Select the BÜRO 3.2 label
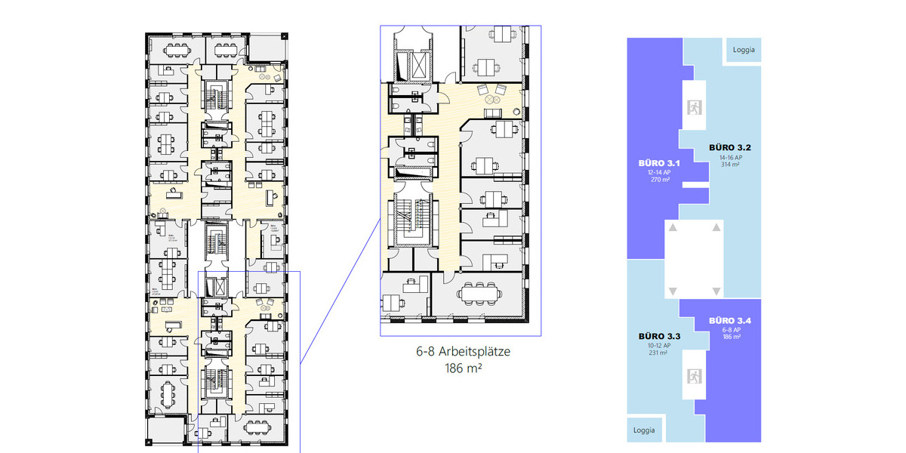[x=728, y=146]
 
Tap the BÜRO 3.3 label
[x=659, y=336]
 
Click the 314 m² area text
[x=729, y=164]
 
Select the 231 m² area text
[x=659, y=353]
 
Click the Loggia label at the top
[x=744, y=51]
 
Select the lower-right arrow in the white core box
[x=714, y=291]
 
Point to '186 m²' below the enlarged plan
[x=460, y=368]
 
